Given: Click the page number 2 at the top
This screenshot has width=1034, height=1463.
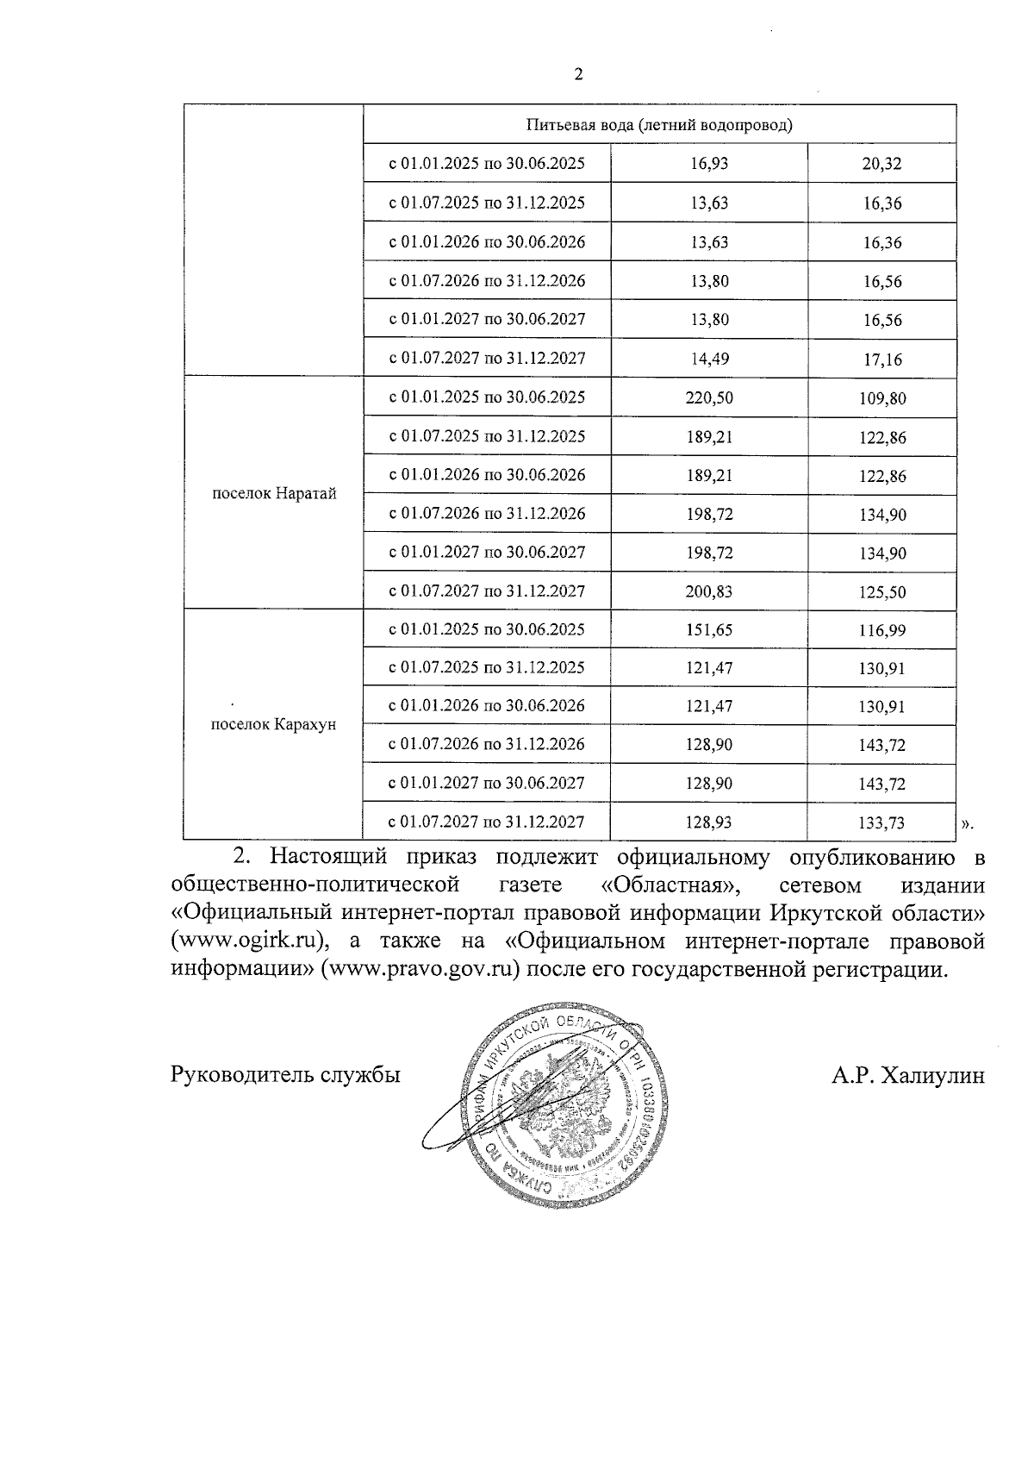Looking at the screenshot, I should [578, 75].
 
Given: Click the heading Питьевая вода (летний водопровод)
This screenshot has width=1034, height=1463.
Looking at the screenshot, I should [659, 125].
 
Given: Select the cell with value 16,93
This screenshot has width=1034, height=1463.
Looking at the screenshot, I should [709, 164].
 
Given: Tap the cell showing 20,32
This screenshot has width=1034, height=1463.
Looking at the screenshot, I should [881, 164].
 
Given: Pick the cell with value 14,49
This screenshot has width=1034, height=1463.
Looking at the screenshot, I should [709, 359].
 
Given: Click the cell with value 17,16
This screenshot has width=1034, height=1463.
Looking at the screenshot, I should [881, 359].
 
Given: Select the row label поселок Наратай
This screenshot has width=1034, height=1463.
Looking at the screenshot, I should [273, 494].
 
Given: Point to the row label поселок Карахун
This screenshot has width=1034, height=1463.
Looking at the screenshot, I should [273, 724].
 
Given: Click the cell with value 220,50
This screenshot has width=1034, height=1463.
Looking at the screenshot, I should [709, 397].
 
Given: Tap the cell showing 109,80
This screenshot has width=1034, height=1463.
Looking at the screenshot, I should [881, 398].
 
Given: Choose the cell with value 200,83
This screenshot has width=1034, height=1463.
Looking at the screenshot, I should [709, 591].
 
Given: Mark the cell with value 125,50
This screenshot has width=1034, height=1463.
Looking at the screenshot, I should [881, 592].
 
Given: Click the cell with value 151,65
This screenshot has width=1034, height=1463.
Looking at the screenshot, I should [709, 629].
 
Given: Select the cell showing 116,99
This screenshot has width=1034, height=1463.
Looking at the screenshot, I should [881, 630].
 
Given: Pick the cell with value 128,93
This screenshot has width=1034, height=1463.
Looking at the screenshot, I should [709, 822].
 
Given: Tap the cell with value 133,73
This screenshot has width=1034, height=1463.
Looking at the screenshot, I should [881, 822].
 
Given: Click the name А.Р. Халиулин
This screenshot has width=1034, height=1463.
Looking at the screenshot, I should [907, 1075].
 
